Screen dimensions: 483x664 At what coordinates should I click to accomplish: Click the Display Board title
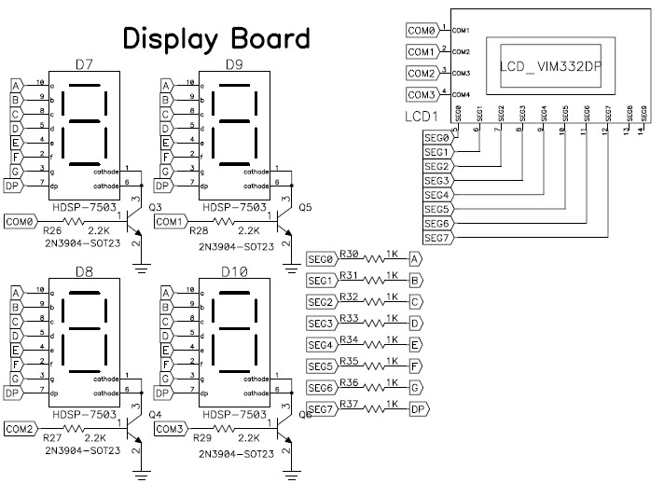coord(216,38)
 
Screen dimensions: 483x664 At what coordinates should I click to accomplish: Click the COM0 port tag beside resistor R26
coord(21,221)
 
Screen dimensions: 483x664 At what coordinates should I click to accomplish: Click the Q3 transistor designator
coord(156,206)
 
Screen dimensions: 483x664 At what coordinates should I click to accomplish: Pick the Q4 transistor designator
coord(156,414)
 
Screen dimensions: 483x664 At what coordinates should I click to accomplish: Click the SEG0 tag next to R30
coord(320,259)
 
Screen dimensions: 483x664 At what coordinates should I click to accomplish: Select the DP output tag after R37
coord(419,408)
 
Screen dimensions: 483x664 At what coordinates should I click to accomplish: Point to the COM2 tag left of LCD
coord(422,73)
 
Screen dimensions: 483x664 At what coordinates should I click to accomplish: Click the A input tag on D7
coord(15,84)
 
